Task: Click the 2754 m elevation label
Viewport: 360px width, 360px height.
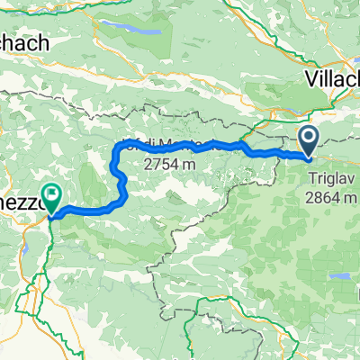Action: coord(167,165)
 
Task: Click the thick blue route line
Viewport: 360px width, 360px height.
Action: coord(225,146)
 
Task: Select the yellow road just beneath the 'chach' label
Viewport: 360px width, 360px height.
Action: coord(36,63)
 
